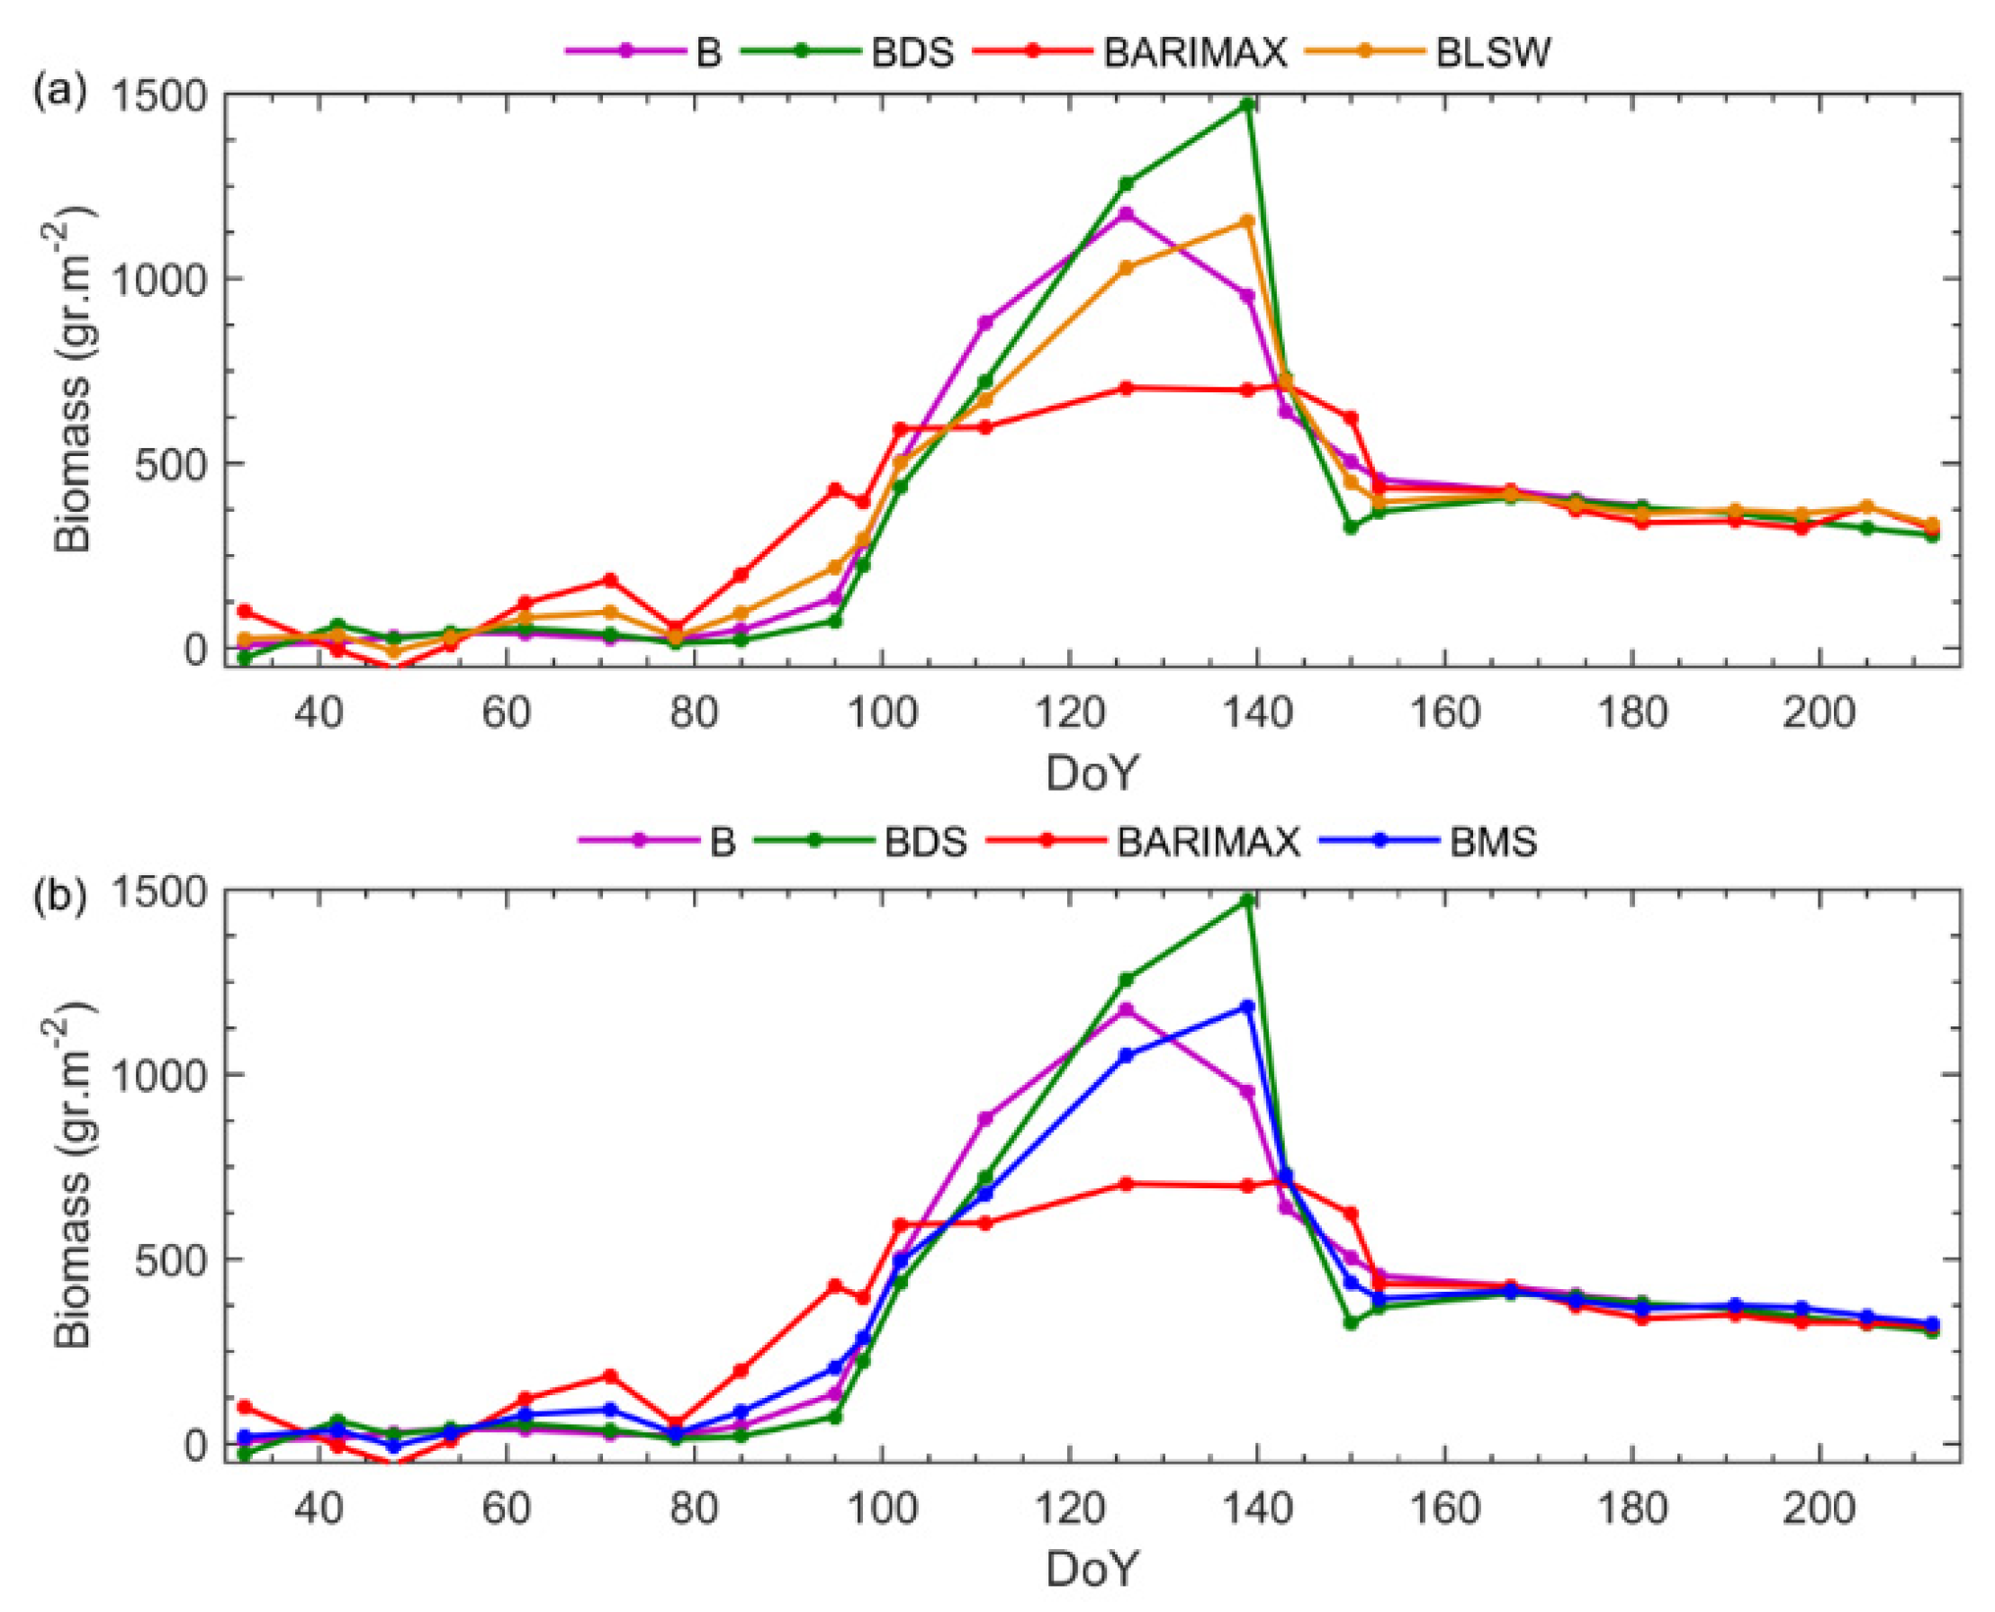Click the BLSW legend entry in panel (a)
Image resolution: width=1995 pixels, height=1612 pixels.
pos(1493,53)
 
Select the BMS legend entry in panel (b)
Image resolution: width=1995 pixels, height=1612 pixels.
pos(1493,841)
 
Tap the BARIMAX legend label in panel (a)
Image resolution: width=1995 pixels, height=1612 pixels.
pos(1194,53)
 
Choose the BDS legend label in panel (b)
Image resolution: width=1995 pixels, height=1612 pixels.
pos(925,841)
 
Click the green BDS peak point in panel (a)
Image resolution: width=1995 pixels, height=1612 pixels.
pos(1248,104)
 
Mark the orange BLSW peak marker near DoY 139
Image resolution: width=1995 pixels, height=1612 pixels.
pos(1248,221)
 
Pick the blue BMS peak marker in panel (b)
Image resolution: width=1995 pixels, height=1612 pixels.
pos(1248,1007)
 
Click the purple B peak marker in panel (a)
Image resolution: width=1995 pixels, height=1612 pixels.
pos(1126,213)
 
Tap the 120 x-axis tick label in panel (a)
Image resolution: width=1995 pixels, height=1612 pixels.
pos(1069,714)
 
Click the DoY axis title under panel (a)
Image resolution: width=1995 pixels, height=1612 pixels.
pos(1092,773)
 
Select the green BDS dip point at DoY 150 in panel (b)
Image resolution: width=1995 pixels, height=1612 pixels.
pos(1351,1323)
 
